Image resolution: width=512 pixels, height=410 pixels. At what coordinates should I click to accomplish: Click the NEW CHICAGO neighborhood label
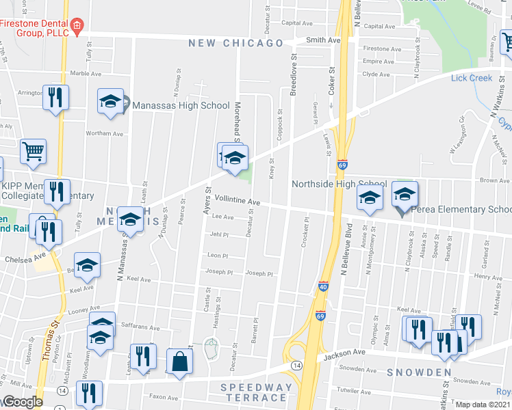point(236,43)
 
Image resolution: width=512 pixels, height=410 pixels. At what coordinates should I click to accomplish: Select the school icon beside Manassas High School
point(110,102)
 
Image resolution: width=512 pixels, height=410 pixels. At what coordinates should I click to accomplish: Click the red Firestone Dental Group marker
point(77,27)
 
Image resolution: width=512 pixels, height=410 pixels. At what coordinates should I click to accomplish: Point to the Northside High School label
point(339,184)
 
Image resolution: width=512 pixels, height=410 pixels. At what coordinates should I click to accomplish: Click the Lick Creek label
point(472,78)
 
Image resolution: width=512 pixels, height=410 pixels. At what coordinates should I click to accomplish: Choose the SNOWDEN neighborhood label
point(418,372)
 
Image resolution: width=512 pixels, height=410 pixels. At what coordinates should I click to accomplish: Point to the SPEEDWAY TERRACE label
point(256,392)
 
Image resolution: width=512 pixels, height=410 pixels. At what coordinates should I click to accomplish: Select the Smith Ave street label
point(323,40)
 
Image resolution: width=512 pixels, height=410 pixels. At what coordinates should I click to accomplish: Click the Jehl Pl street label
point(219,234)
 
